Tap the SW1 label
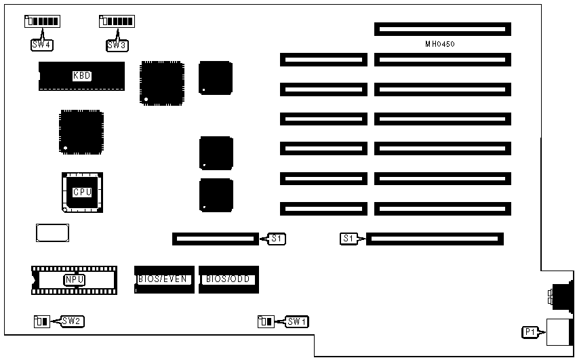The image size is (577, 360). (x=296, y=321)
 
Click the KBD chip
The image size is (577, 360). (x=81, y=76)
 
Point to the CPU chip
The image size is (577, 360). (x=82, y=192)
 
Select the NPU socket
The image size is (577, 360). (x=74, y=279)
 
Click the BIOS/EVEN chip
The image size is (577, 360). (x=165, y=279)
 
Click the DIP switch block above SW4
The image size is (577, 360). (x=42, y=22)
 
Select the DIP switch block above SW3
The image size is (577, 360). (x=116, y=22)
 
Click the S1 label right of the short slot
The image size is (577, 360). (x=277, y=239)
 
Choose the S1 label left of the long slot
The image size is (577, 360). (x=348, y=239)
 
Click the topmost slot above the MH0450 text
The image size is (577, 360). (x=442, y=29)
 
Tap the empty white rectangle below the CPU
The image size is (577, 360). (x=52, y=233)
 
